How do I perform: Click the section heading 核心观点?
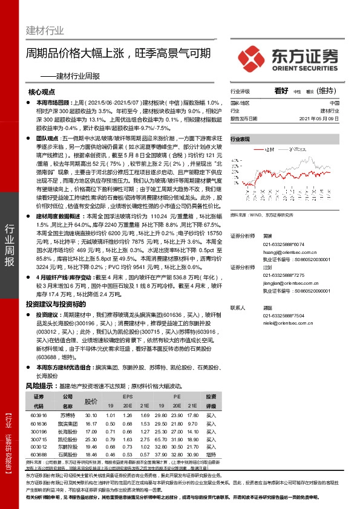point(42,92)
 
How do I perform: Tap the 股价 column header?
point(91,401)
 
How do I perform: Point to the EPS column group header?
point(128,397)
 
